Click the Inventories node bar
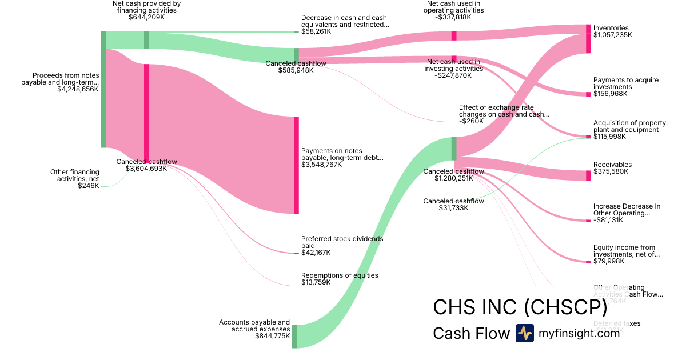click(588, 39)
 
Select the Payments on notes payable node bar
click(296, 165)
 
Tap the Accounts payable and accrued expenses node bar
click(294, 336)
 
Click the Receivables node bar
click(588, 175)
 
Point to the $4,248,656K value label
click(78, 89)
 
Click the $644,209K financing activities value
click(146, 17)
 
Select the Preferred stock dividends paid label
click(342, 242)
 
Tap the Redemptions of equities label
click(340, 275)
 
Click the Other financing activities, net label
click(74, 175)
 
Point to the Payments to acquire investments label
click(625, 83)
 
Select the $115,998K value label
click(609, 137)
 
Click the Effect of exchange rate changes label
click(504, 111)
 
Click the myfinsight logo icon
click(524, 333)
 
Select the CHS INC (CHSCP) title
click(520, 307)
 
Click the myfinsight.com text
click(579, 333)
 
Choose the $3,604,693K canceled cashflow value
click(146, 169)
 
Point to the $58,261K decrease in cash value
click(316, 31)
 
